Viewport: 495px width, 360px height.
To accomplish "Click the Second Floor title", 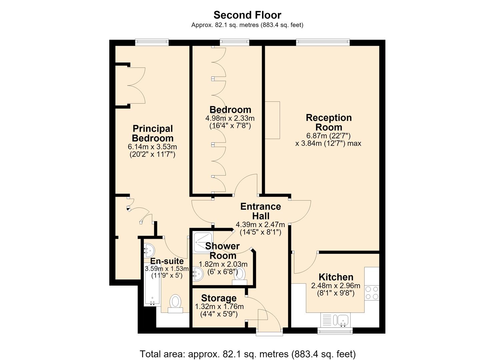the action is click(247, 15).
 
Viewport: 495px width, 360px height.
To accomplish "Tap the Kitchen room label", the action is click(336, 277).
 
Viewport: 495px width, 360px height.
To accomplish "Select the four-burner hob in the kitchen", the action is click(372, 293).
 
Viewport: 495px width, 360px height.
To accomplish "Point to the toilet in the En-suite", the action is click(175, 304).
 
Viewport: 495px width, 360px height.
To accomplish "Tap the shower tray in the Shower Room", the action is click(203, 242).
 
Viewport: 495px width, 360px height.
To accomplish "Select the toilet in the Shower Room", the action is click(240, 276).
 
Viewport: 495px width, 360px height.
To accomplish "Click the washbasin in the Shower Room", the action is click(198, 274).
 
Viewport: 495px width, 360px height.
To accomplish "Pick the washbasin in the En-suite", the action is click(149, 251).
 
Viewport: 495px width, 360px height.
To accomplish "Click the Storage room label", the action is click(219, 298).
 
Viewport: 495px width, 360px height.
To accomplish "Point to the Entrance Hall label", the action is click(261, 211).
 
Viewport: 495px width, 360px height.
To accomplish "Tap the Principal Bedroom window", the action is click(152, 42).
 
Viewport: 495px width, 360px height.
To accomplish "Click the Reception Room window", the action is click(323, 42).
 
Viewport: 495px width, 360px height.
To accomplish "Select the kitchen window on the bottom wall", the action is click(335, 331).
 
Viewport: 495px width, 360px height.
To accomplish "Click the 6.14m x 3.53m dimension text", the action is click(152, 147).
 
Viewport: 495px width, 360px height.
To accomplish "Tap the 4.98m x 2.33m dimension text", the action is click(230, 118).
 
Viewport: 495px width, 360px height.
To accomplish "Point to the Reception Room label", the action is click(329, 122).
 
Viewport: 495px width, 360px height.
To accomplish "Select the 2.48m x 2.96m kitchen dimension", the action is click(336, 286).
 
